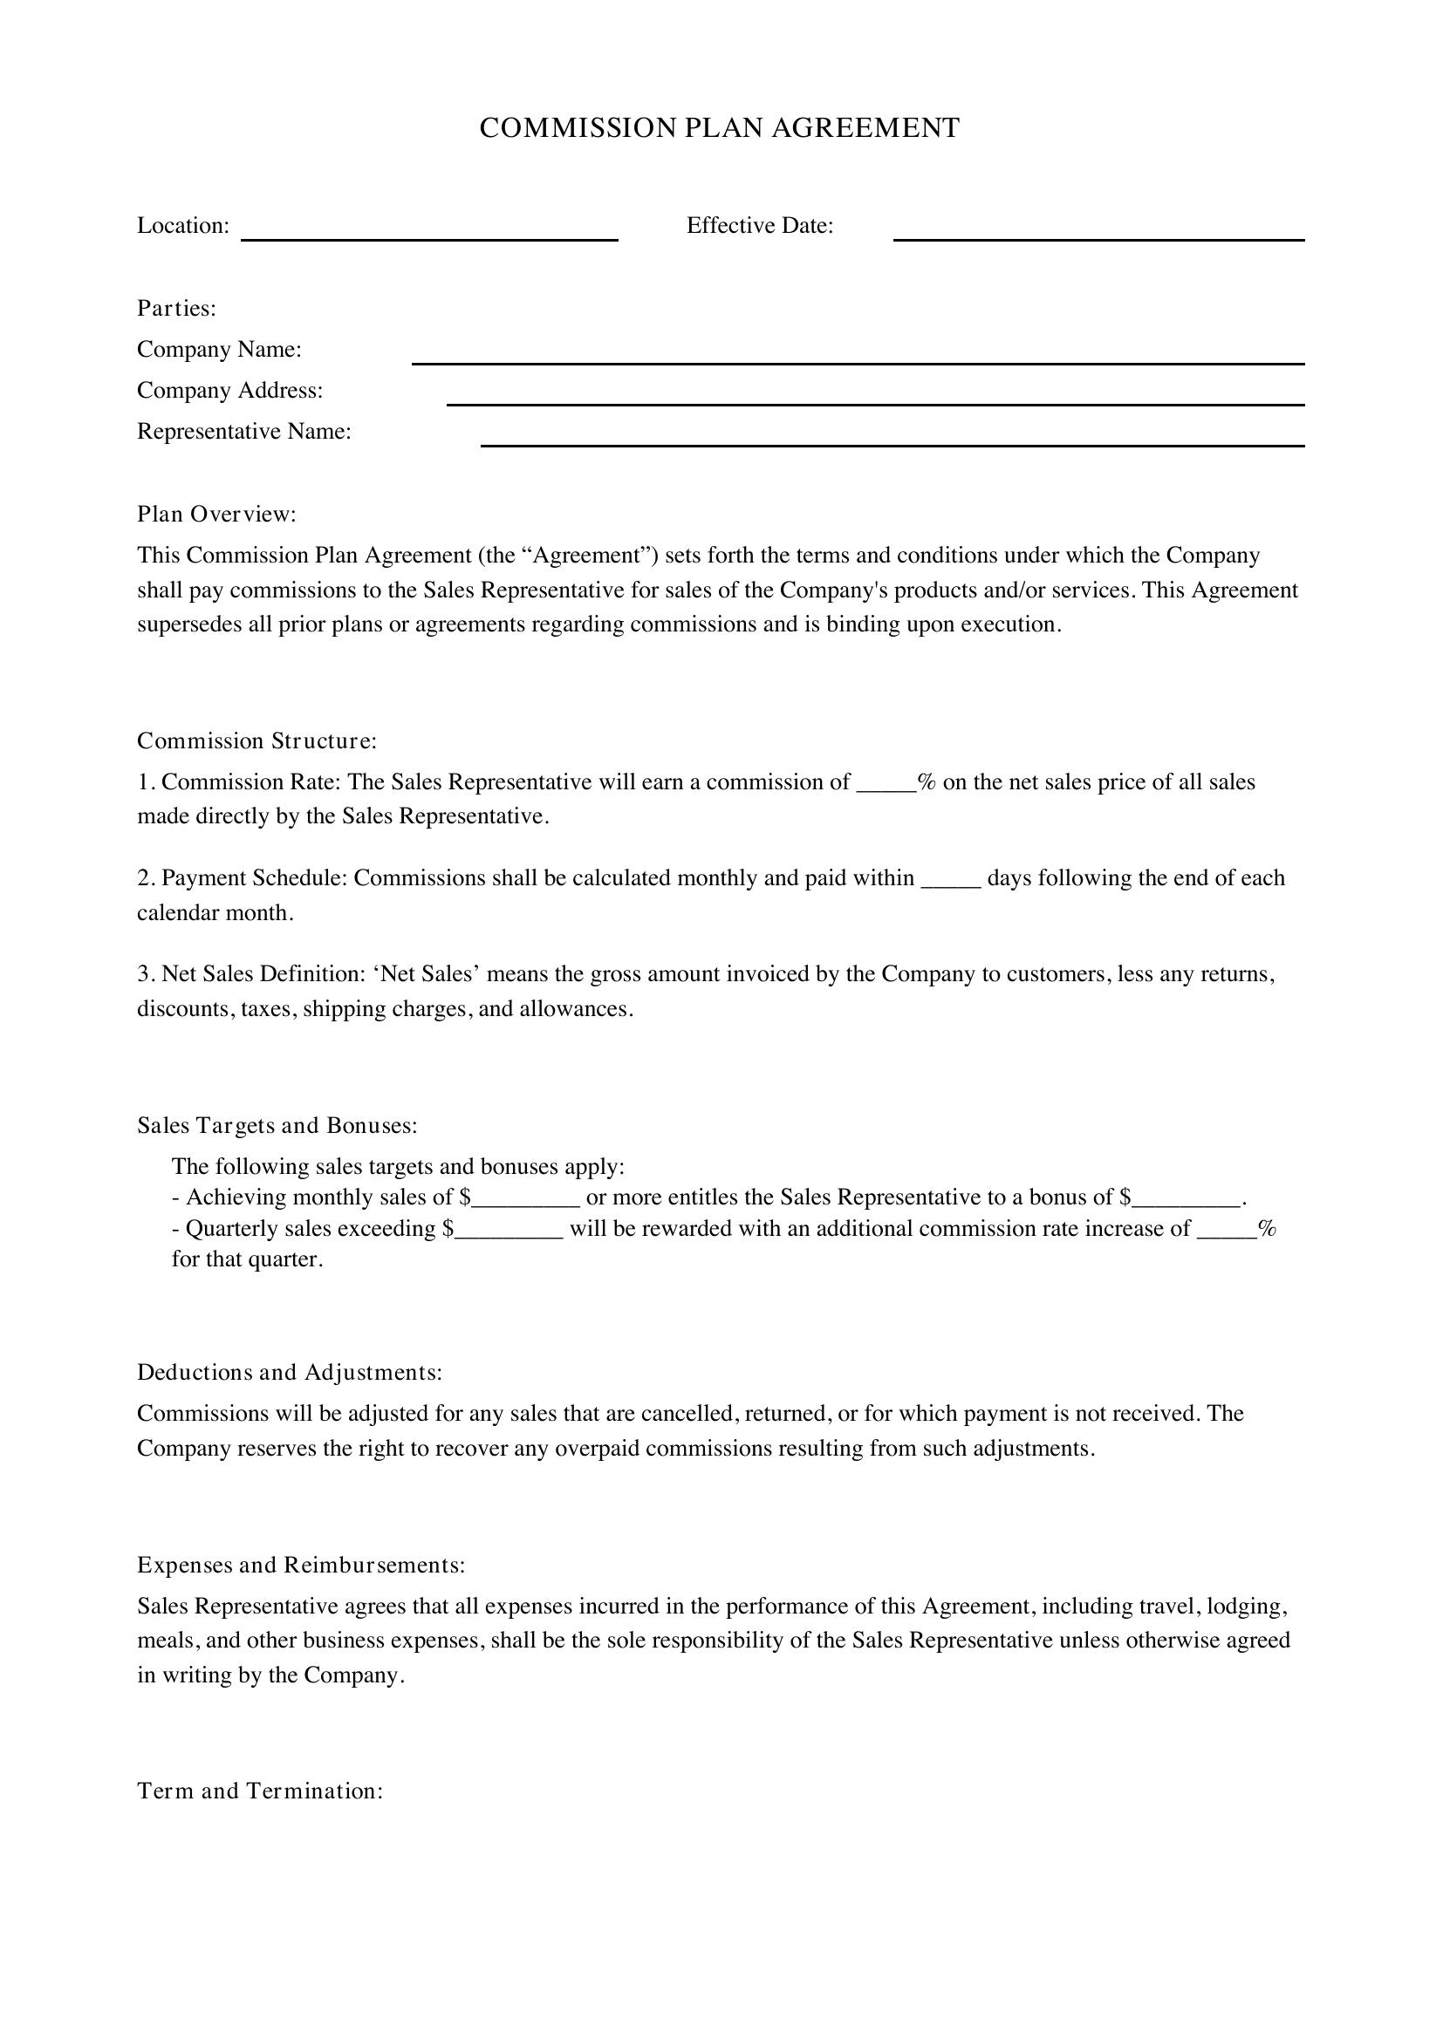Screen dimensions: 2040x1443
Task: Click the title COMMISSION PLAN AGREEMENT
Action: pyautogui.click(x=720, y=128)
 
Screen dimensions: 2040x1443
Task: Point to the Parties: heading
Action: pyautogui.click(x=176, y=308)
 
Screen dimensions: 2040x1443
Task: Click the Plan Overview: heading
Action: pyautogui.click(x=215, y=515)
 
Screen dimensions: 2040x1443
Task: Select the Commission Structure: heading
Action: pyautogui.click(x=256, y=741)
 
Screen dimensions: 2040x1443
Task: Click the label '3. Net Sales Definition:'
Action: pyautogui.click(x=251, y=975)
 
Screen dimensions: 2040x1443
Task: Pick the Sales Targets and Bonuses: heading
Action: pyautogui.click(x=277, y=1126)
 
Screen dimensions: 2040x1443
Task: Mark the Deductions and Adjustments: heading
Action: pyautogui.click(x=289, y=1373)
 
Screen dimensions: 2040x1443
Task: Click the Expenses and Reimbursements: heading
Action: pyautogui.click(x=300, y=1565)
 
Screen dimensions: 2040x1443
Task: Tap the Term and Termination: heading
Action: pyautogui.click(x=259, y=1791)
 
